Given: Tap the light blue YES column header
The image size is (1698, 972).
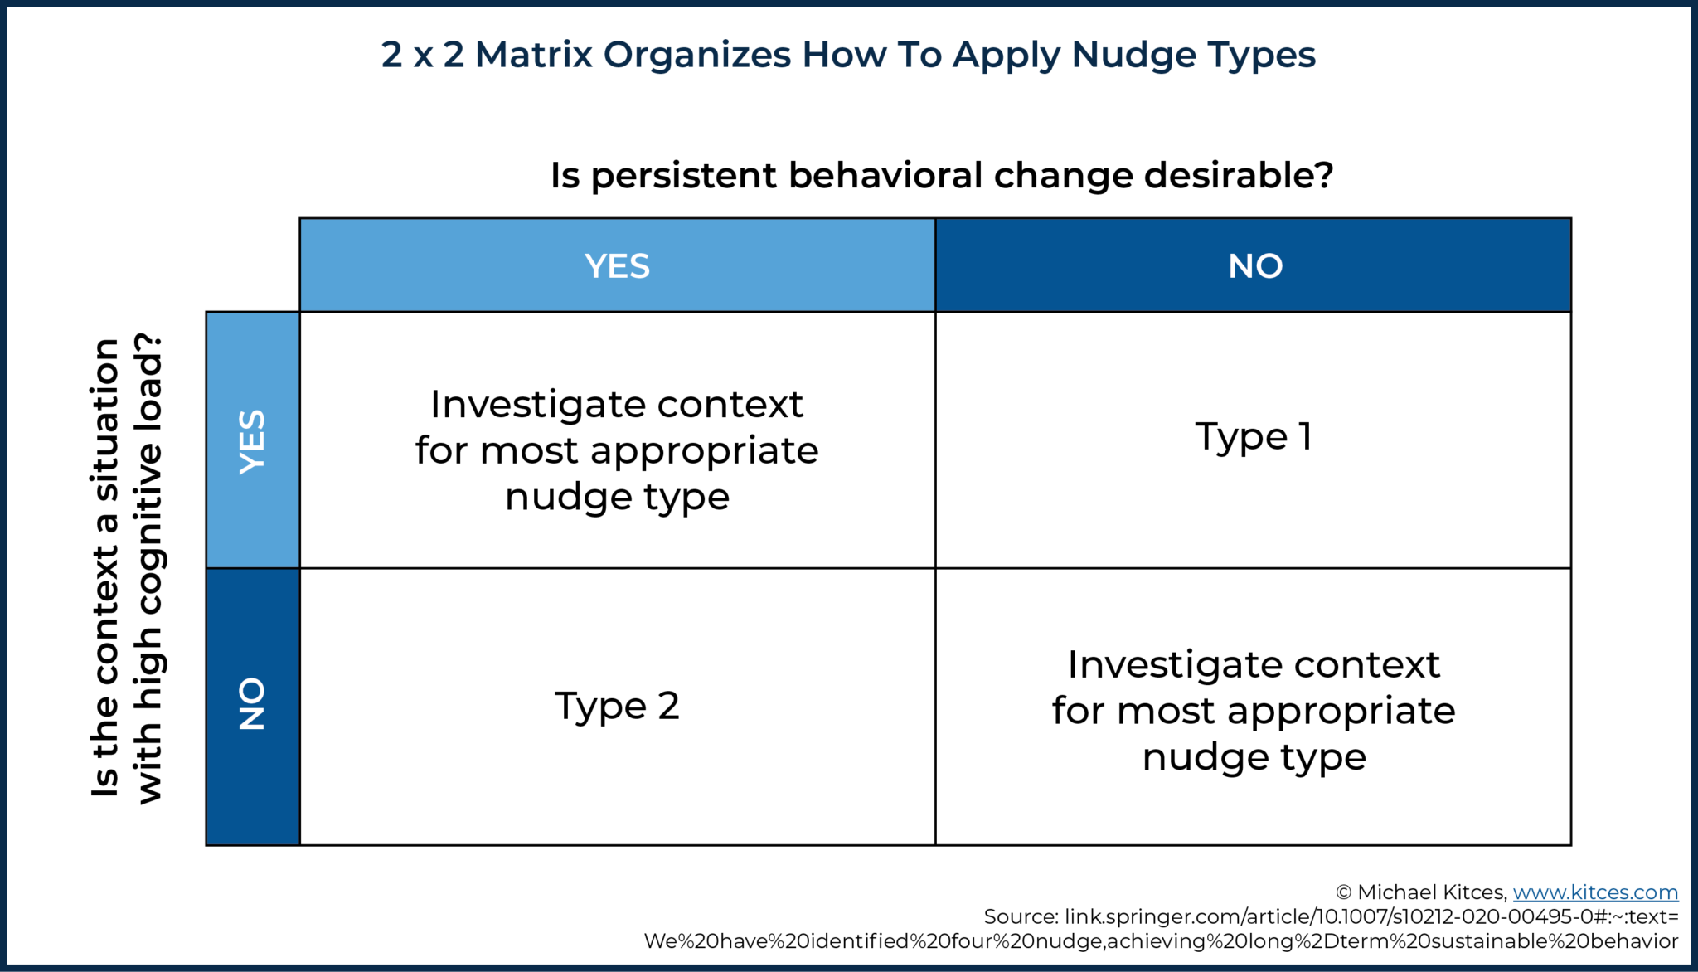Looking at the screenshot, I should pyautogui.click(x=617, y=265).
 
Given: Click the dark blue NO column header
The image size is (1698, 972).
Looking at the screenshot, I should pyautogui.click(x=1254, y=265).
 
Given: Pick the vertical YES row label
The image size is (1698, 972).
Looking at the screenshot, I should pyautogui.click(x=252, y=441).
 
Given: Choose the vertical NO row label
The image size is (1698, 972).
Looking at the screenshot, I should pyautogui.click(x=252, y=704).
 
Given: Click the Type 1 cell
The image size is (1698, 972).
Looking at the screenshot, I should pyautogui.click(x=1253, y=436).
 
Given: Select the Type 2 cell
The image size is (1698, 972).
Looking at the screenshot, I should pyautogui.click(x=617, y=706).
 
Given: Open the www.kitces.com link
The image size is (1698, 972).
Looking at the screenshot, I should pyautogui.click(x=1595, y=892).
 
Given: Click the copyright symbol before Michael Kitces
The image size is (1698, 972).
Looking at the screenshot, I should pyautogui.click(x=1344, y=893).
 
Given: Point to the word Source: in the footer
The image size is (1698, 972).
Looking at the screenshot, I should pyautogui.click(x=1021, y=917).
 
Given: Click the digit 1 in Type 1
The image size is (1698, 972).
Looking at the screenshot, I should pyautogui.click(x=1306, y=436).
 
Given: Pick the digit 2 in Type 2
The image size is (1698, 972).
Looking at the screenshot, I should pyautogui.click(x=668, y=706).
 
